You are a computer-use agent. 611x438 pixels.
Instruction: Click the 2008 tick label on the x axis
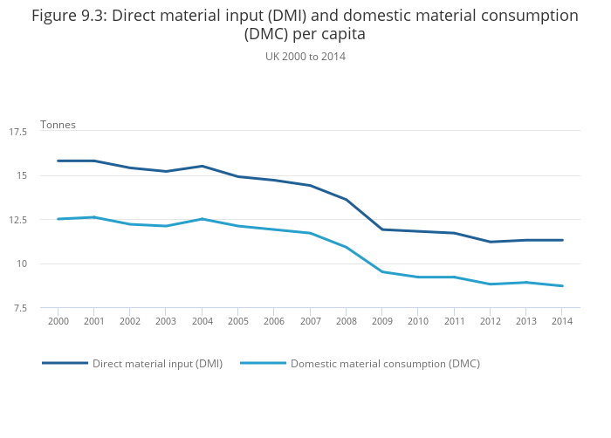(x=346, y=321)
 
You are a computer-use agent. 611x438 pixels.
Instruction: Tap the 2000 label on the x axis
(x=58, y=321)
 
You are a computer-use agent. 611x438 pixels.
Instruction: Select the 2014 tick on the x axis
(x=562, y=321)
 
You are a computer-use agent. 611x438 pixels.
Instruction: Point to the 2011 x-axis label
(x=454, y=321)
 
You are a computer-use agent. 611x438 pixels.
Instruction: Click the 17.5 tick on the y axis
(x=17, y=132)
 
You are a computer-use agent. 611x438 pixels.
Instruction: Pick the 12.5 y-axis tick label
(x=17, y=220)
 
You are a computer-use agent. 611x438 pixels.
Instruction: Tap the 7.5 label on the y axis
(x=20, y=308)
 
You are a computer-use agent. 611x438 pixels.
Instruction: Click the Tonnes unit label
(x=58, y=124)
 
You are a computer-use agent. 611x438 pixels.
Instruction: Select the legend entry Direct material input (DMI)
(x=157, y=363)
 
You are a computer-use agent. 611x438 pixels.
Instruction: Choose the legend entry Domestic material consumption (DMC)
(x=385, y=363)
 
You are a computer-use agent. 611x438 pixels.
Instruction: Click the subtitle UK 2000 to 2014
(x=305, y=56)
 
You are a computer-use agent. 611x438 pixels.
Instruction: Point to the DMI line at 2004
(x=202, y=166)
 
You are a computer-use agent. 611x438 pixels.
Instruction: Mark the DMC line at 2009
(x=381, y=271)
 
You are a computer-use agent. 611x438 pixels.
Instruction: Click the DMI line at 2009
(x=381, y=229)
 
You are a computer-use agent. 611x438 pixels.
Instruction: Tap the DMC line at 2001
(x=93, y=217)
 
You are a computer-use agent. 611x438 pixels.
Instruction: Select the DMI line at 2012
(x=490, y=242)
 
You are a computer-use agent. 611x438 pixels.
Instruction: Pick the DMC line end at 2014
(x=562, y=286)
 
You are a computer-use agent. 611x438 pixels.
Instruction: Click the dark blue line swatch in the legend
(x=65, y=363)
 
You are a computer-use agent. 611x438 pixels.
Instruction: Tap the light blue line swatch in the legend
(x=263, y=363)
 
